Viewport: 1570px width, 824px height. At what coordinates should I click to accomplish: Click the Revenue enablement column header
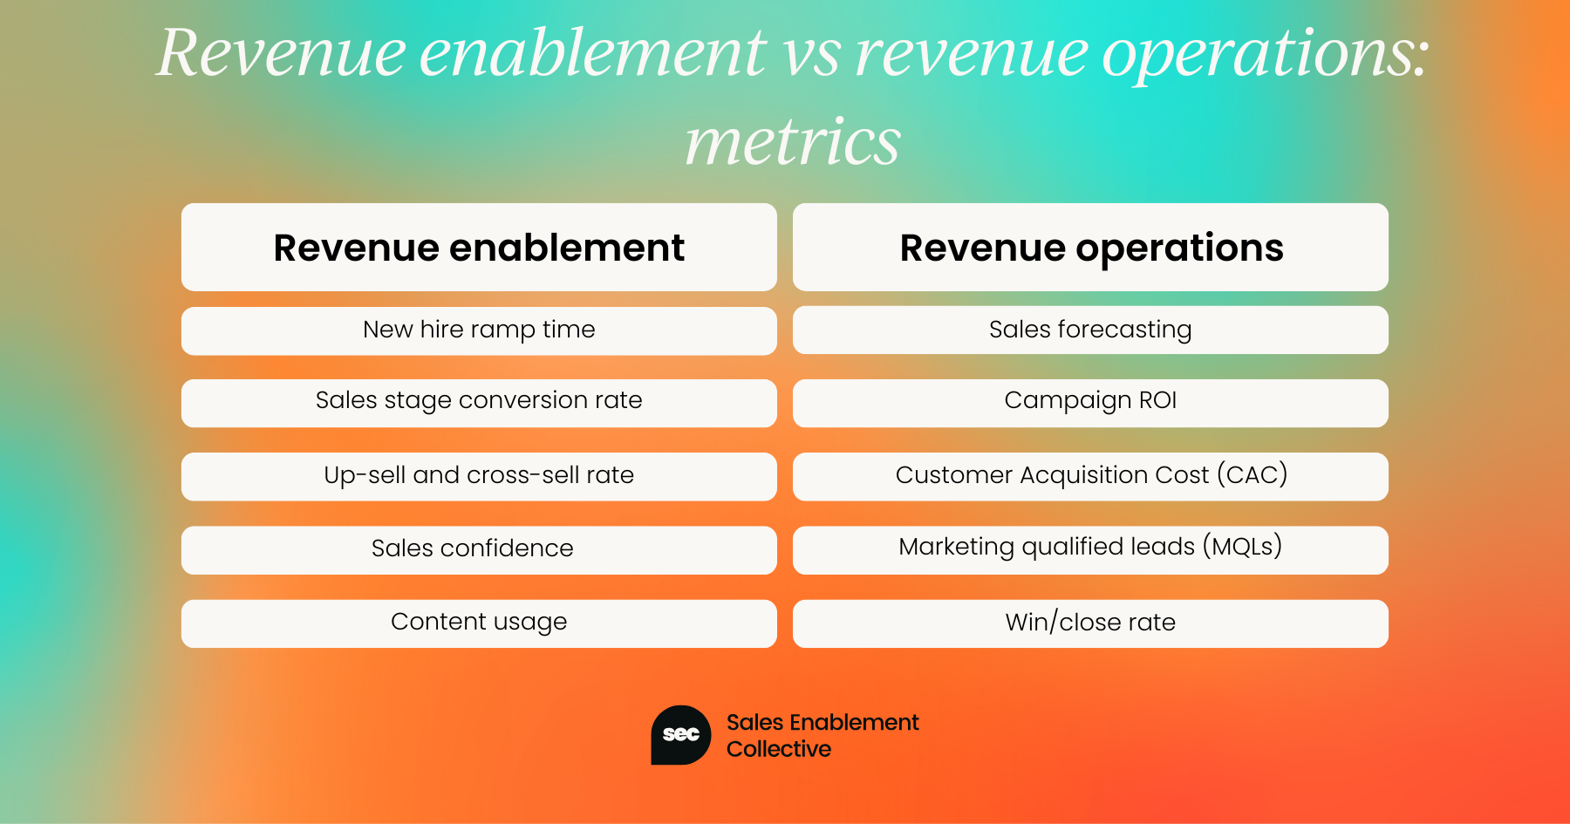click(x=479, y=248)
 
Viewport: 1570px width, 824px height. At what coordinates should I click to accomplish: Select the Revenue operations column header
click(x=1090, y=248)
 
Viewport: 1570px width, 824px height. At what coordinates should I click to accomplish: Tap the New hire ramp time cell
click(x=479, y=330)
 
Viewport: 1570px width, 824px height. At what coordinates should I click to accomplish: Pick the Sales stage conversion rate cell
click(x=479, y=402)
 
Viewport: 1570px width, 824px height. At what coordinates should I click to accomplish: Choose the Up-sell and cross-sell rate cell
click(x=479, y=476)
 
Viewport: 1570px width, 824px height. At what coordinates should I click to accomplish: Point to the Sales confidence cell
click(x=479, y=549)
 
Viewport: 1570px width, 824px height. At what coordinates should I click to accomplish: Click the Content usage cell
click(x=479, y=623)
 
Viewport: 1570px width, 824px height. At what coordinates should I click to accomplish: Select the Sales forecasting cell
click(x=1090, y=330)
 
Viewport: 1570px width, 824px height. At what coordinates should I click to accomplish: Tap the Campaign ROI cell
click(x=1090, y=402)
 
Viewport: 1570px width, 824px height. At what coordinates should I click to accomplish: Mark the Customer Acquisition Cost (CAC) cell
click(x=1090, y=476)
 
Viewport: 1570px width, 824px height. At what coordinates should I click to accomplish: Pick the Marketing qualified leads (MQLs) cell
click(x=1090, y=549)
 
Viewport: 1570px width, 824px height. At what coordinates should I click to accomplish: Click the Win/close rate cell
click(x=1090, y=623)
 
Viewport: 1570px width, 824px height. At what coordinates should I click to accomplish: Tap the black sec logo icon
click(x=680, y=735)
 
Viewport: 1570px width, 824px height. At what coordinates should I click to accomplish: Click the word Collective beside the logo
click(x=778, y=749)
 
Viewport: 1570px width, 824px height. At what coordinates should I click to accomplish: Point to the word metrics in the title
click(x=792, y=141)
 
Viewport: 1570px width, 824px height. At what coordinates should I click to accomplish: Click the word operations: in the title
click(x=1265, y=54)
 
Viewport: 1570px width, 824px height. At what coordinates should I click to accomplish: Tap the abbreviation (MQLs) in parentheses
click(x=1242, y=547)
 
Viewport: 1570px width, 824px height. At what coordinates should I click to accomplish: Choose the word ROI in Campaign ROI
click(x=1157, y=400)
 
